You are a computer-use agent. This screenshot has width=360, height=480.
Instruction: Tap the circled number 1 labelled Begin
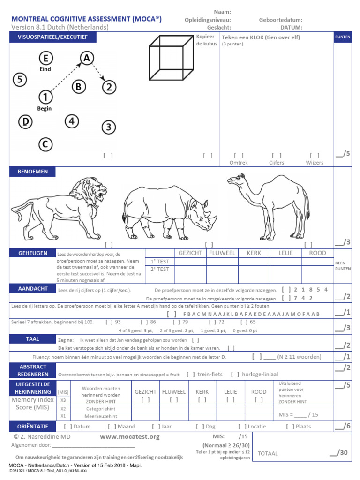coord(45,97)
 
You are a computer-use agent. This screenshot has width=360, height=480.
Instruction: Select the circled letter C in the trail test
coord(45,144)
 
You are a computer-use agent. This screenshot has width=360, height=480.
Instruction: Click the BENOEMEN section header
coord(33,172)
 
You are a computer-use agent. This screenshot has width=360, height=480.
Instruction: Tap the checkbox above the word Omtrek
coord(239,156)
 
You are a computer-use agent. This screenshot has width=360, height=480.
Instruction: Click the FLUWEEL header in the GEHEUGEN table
coord(222,253)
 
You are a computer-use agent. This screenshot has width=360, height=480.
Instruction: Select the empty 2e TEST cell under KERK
coord(254,270)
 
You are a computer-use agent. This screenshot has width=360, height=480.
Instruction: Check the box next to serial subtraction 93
coord(109,322)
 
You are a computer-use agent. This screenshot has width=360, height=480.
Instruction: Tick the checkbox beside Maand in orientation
coord(112,427)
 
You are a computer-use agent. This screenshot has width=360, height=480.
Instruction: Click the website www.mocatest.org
coord(130,437)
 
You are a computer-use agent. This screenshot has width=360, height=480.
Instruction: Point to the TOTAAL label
coord(268,453)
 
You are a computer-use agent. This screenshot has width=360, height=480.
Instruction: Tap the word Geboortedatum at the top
coord(280,20)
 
